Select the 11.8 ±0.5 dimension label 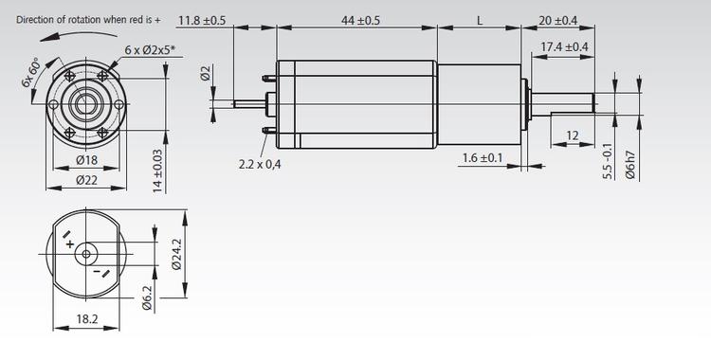202,19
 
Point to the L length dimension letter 480,19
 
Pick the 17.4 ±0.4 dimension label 564,46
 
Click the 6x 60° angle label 31,72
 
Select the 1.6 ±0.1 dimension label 483,157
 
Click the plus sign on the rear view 69,244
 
